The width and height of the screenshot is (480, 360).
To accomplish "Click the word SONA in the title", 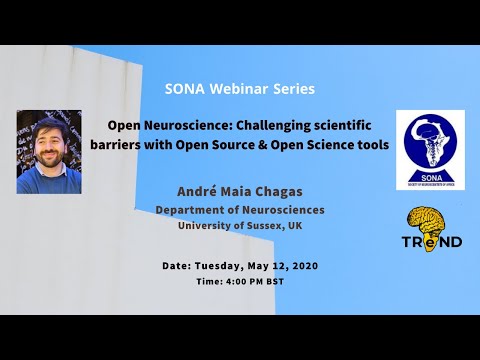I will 185,89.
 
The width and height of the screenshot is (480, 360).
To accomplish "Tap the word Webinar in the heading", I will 239,89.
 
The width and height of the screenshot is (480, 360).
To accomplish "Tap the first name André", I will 200,192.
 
